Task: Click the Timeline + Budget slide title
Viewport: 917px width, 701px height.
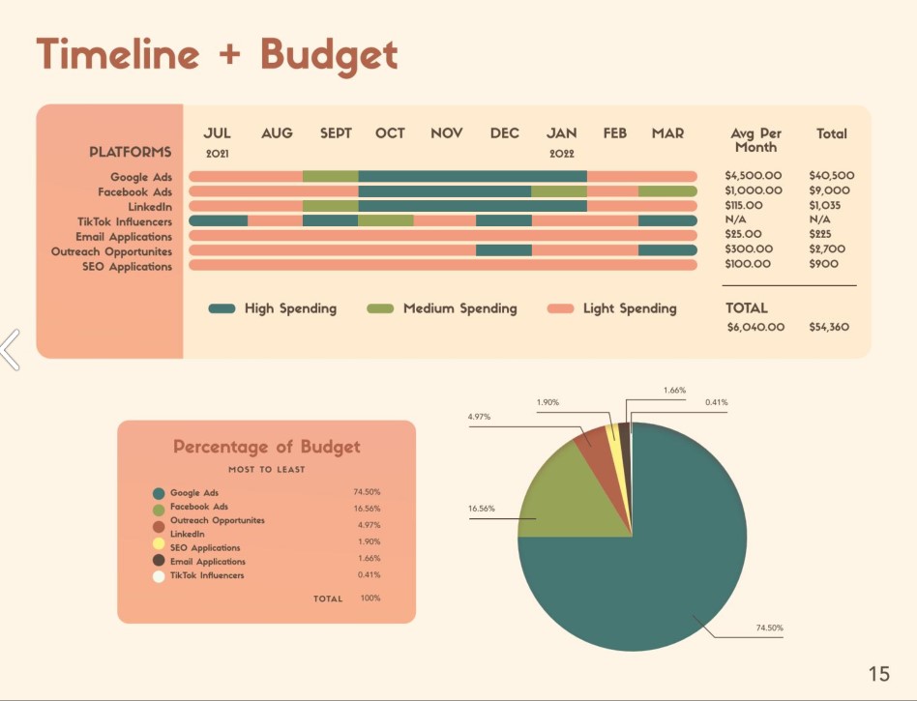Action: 217,54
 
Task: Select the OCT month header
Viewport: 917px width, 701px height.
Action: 390,133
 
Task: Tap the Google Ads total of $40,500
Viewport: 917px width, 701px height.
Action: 832,176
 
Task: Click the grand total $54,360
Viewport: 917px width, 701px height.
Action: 829,327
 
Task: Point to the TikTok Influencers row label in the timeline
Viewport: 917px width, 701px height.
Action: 125,221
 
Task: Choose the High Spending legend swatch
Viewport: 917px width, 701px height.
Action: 222,308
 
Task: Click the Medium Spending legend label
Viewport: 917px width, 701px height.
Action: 459,308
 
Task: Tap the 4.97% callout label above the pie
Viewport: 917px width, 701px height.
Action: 479,417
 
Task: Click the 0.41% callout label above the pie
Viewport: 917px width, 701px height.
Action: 717,402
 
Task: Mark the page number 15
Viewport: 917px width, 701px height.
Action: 878,674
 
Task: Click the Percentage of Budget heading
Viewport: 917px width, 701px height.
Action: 266,447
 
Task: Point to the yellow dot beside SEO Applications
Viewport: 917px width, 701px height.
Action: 159,545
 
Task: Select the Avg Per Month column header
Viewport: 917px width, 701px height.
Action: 755,140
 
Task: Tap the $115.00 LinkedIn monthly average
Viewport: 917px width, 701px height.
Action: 744,206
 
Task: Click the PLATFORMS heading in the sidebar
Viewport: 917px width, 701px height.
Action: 131,152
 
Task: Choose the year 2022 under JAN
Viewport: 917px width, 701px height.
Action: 562,154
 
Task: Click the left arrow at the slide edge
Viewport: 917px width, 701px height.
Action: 10,349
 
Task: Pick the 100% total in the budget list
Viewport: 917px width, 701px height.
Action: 370,599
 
